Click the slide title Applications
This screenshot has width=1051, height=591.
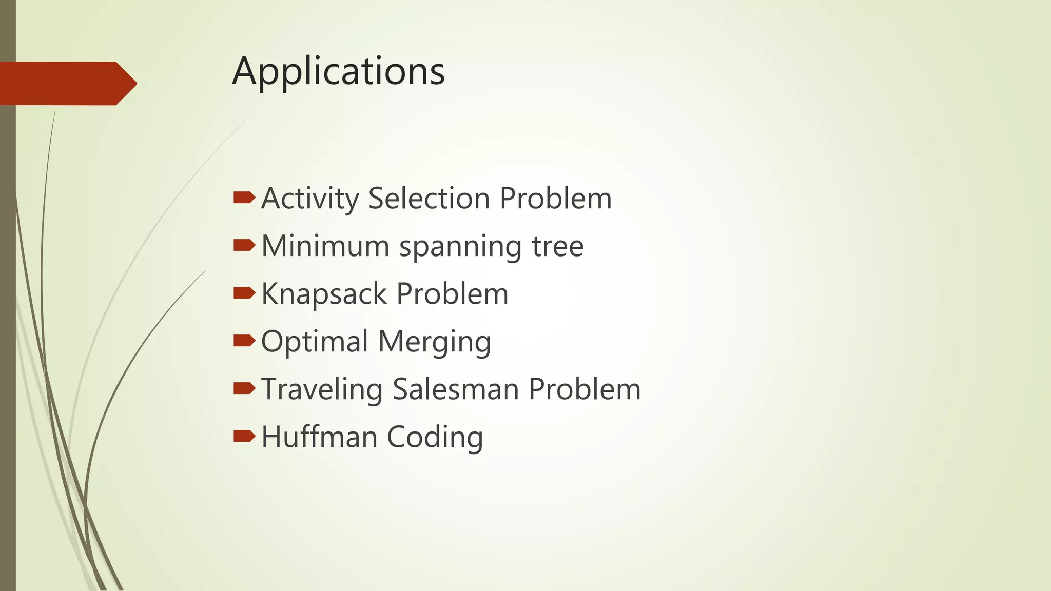tap(338, 71)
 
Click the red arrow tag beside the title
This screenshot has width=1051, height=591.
tap(68, 83)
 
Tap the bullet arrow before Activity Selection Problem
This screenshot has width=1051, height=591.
tap(244, 198)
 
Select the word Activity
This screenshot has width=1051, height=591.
tap(310, 199)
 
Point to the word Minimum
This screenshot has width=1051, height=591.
tap(325, 246)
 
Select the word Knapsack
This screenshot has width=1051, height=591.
tap(324, 294)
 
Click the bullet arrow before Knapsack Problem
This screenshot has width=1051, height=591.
tap(244, 293)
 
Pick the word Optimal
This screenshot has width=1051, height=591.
tap(315, 341)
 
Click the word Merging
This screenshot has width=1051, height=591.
tap(435, 342)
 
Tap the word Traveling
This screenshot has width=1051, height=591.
tap(322, 389)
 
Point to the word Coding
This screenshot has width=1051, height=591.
tap(435, 437)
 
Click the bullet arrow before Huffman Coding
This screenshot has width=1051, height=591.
tap(244, 436)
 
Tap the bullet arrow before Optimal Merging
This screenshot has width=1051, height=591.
tap(244, 341)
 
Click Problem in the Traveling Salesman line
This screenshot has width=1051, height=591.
tap(585, 389)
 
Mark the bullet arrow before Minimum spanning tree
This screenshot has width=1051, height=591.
tap(244, 245)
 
